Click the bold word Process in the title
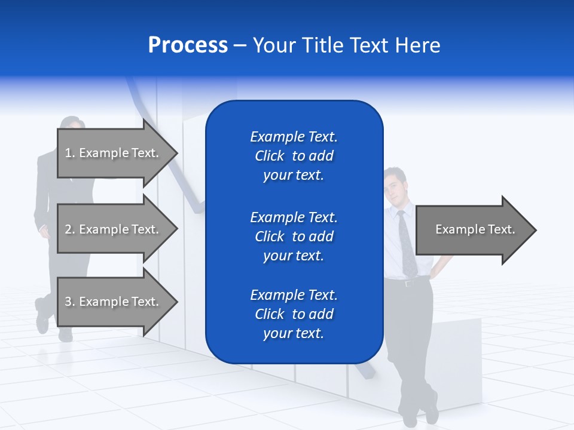pyautogui.click(x=188, y=45)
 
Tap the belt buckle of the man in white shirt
pyautogui.click(x=409, y=283)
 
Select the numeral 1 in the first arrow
pyautogui.click(x=68, y=153)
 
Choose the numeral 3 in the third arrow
pyautogui.click(x=68, y=302)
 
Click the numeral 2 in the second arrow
pyautogui.click(x=68, y=229)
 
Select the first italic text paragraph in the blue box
pyautogui.click(x=294, y=156)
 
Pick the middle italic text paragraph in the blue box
pyautogui.click(x=294, y=236)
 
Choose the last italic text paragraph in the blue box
pyautogui.click(x=294, y=314)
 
